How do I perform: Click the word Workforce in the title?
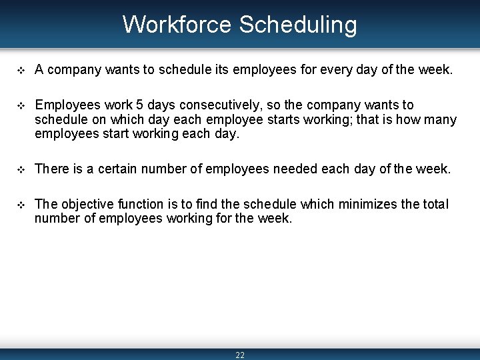coord(177,25)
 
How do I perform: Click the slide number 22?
coord(240,355)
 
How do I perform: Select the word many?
coord(443,120)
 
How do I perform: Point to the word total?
coord(434,204)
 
